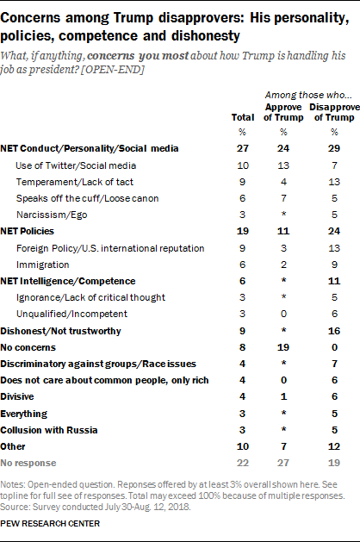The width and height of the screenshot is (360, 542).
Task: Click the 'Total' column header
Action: [242, 115]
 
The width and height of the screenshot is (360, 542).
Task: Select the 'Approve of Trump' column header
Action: [282, 110]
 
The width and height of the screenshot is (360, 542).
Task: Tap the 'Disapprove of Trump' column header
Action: [331, 110]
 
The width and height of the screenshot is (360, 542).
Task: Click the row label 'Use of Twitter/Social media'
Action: [73, 165]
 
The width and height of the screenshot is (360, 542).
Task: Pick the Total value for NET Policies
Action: [242, 231]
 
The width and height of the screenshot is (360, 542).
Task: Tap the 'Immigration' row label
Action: [46, 264]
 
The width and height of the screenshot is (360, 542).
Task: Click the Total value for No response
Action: [242, 463]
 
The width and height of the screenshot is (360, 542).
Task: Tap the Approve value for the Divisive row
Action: [282, 396]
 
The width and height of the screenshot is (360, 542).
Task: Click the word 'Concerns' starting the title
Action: [38, 11]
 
